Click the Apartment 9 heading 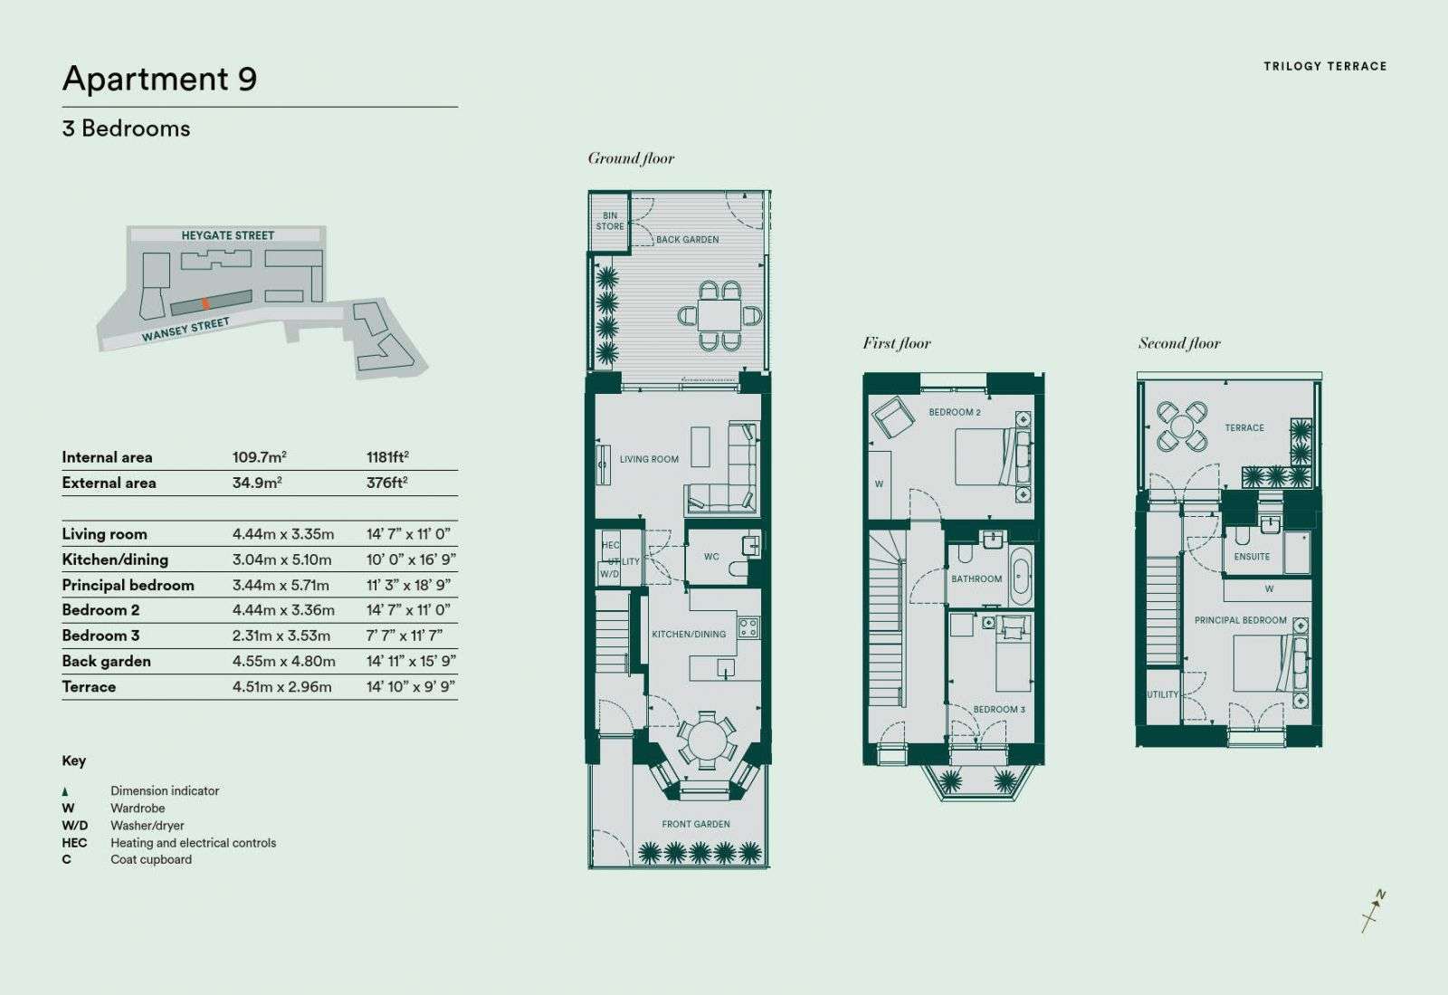coord(159,79)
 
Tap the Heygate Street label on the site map coord(227,235)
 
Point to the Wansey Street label coord(186,330)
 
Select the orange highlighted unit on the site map coord(205,302)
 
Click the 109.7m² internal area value coord(259,457)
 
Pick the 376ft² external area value coord(387,483)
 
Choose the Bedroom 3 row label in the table coord(100,636)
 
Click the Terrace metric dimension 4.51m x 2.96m coord(281,686)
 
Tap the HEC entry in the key coord(74,842)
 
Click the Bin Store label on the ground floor coord(610,221)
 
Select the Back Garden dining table coord(719,316)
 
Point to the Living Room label coord(649,459)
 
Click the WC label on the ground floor coord(711,557)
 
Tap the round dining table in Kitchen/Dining coord(707,741)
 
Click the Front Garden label coord(696,824)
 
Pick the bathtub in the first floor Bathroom coord(1022,576)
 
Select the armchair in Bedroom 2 coord(892,416)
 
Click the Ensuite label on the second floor coord(1252,557)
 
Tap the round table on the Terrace coord(1181,426)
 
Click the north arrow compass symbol coord(1374,910)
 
